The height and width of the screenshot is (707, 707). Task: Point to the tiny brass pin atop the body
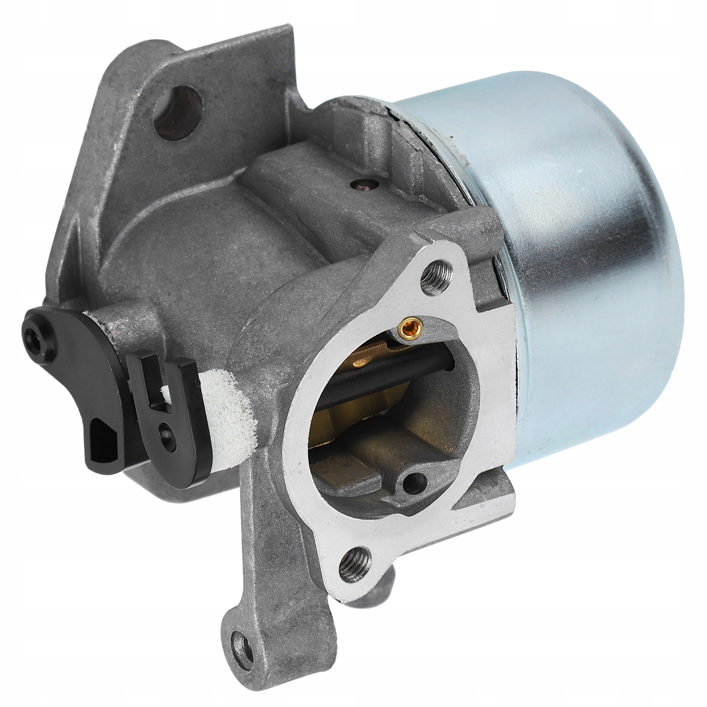pos(362,181)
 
